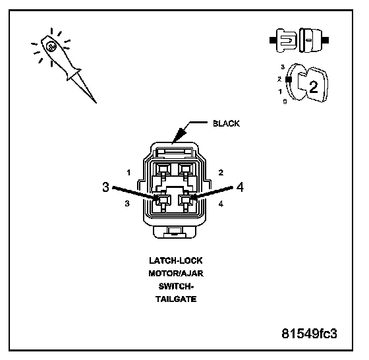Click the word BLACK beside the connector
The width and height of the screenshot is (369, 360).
[x=226, y=123]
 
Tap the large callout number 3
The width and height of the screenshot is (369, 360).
[x=106, y=187]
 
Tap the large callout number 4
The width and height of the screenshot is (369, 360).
[x=240, y=187]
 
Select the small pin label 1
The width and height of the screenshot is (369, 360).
[x=128, y=173]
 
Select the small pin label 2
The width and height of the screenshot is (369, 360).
[x=221, y=173]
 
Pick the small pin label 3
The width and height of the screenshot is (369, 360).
[x=127, y=203]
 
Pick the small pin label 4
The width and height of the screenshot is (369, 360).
[x=221, y=204]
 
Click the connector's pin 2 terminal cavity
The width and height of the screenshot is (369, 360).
[x=185, y=169]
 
